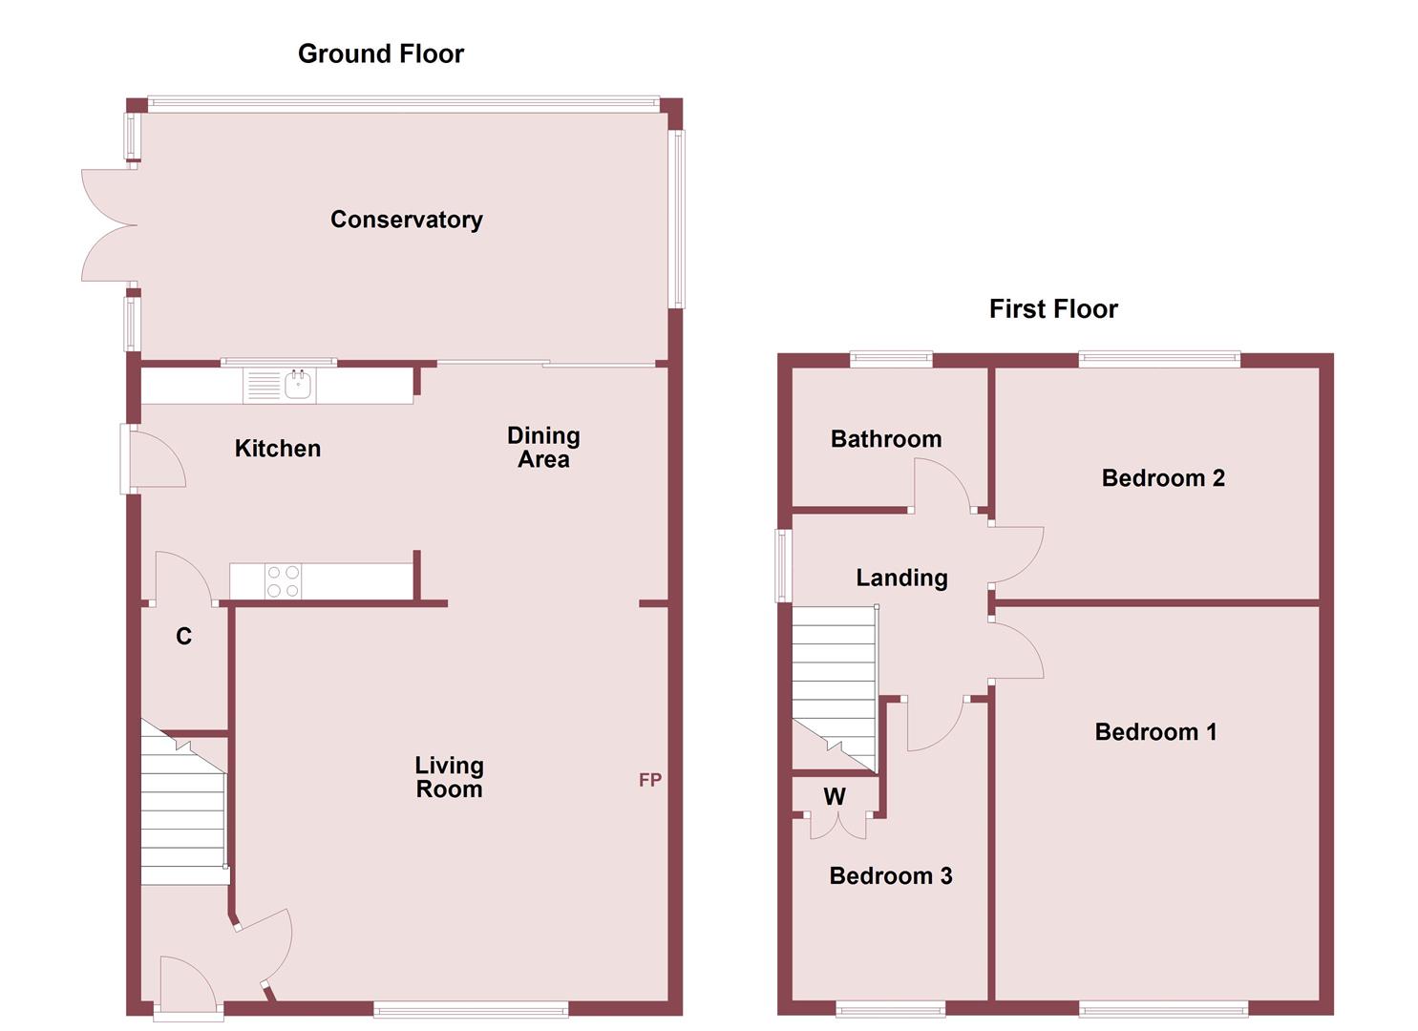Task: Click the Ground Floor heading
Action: point(380,54)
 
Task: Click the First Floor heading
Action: point(1052,309)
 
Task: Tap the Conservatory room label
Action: point(406,220)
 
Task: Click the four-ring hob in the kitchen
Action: point(283,581)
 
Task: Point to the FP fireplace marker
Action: point(649,780)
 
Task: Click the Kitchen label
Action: point(277,449)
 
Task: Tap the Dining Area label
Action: point(543,447)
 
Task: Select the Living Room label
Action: point(449,777)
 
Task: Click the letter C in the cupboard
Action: point(183,637)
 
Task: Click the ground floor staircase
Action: point(182,811)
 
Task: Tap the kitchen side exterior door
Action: point(153,459)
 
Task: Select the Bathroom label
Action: point(885,439)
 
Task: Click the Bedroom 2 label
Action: point(1162,478)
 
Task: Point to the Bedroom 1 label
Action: point(1155,732)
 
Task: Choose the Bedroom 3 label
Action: point(890,876)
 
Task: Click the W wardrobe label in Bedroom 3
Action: point(834,797)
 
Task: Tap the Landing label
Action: point(901,578)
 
